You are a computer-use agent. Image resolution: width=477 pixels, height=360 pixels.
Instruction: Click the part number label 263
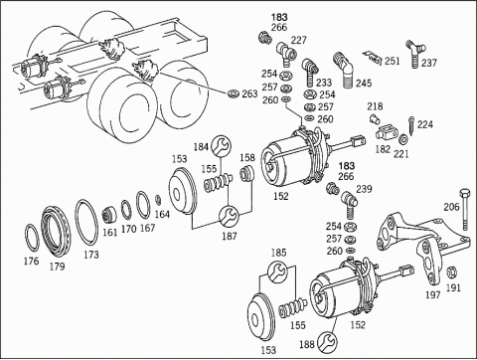click(x=249, y=93)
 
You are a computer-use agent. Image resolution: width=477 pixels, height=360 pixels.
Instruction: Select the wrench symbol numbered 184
click(x=222, y=145)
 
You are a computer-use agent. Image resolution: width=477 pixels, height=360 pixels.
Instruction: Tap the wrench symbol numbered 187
click(x=229, y=216)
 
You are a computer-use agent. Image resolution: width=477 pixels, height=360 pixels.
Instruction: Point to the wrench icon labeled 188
click(x=327, y=342)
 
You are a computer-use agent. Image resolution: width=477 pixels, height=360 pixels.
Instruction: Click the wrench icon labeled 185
click(x=277, y=271)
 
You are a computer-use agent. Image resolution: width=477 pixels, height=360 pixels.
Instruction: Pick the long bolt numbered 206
click(x=464, y=210)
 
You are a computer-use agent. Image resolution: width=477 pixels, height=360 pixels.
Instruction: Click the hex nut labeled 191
click(x=450, y=272)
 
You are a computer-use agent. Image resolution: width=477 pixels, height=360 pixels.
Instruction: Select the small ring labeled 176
click(x=32, y=240)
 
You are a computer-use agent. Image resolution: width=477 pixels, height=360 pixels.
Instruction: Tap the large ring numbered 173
click(x=86, y=224)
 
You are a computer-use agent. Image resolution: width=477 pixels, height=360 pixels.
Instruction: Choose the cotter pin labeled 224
click(x=411, y=126)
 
